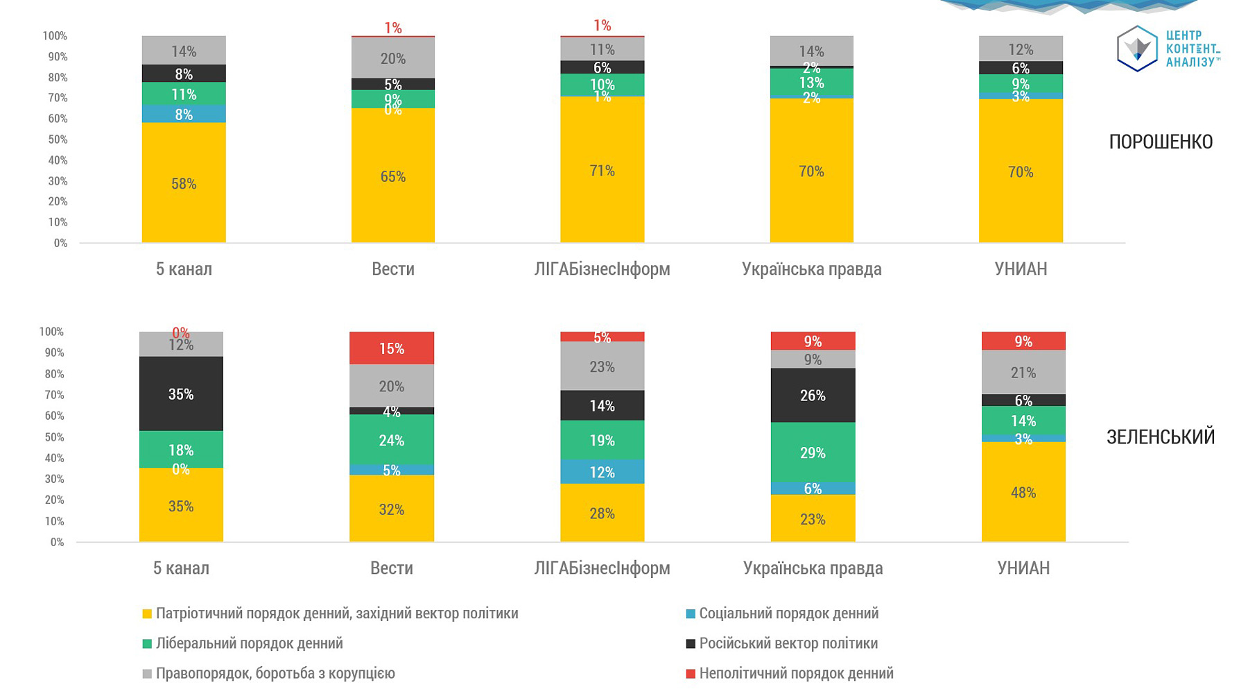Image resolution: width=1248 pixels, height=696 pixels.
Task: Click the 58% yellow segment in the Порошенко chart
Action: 184,183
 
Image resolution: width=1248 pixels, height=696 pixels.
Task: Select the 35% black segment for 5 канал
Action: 181,393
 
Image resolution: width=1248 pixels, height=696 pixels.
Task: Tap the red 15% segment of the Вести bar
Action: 392,348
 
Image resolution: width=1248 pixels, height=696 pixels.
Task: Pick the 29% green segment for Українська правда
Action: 813,452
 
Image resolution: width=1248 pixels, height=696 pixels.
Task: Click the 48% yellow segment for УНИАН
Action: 1023,492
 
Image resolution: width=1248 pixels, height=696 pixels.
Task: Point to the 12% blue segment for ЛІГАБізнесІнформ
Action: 602,472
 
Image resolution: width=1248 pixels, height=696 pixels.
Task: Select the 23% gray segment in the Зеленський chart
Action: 602,366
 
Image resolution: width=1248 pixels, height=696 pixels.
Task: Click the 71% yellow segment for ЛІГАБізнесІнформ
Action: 602,170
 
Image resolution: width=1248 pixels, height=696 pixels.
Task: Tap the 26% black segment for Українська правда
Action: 813,396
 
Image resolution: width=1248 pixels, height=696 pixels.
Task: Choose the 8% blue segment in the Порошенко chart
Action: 184,114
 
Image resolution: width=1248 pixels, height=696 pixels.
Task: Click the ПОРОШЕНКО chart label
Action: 1161,142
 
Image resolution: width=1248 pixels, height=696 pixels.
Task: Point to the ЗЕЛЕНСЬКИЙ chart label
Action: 1161,436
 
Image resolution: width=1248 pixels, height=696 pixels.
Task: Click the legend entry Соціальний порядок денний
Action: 788,613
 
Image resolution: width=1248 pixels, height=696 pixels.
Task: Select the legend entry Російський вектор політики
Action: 788,643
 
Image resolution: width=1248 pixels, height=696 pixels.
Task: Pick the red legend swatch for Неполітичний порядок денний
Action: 691,674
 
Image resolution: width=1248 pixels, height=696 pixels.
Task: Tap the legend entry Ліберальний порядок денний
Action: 249,643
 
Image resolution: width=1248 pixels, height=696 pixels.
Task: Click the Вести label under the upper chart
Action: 392,269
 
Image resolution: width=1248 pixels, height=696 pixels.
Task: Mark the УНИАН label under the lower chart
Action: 1023,568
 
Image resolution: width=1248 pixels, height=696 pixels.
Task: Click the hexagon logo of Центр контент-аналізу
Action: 1137,49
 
